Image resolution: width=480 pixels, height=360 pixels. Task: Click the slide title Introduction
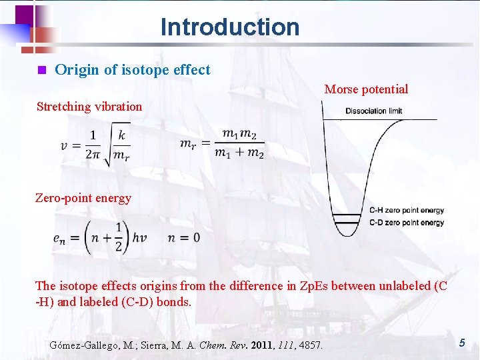click(x=230, y=27)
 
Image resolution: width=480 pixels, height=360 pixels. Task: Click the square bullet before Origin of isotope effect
click(x=41, y=70)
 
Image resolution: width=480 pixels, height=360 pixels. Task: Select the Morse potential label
click(x=366, y=89)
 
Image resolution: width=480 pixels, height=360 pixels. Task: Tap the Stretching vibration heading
click(x=89, y=107)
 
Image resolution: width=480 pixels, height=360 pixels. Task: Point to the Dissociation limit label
click(x=373, y=111)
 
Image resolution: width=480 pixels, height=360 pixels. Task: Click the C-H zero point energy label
click(x=407, y=211)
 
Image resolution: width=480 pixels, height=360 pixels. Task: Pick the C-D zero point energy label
click(x=407, y=222)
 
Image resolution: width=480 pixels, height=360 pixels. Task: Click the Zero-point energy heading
click(x=83, y=198)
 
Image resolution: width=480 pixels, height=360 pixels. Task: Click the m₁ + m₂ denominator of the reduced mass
click(x=239, y=153)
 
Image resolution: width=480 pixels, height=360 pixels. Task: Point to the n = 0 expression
click(x=184, y=238)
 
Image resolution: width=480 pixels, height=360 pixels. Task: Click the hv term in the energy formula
click(x=139, y=238)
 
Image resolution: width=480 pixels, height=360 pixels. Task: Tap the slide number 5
click(x=461, y=343)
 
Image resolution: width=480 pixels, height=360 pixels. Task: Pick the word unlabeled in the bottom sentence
click(x=404, y=287)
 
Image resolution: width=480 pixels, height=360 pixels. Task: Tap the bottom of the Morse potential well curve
click(x=347, y=234)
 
